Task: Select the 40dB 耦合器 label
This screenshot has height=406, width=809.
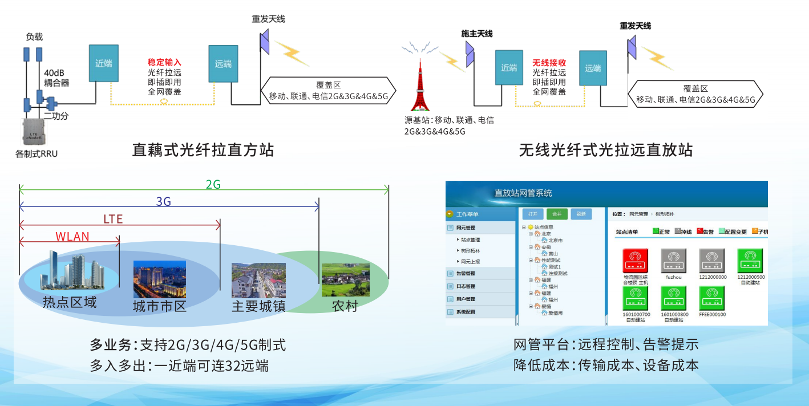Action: (x=56, y=78)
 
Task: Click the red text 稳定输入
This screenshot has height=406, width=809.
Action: (x=164, y=62)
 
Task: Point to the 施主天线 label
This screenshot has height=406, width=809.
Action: (x=476, y=34)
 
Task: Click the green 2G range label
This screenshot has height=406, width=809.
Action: (x=213, y=184)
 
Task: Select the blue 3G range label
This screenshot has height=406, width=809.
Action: (x=163, y=201)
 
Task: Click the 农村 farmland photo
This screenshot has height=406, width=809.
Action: (x=345, y=279)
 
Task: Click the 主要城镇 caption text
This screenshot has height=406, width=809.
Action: (x=258, y=306)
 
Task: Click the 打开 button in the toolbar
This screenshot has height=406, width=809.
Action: (x=532, y=214)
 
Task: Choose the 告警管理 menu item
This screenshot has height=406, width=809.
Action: (x=466, y=274)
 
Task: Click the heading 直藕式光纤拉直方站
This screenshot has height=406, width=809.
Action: (x=203, y=150)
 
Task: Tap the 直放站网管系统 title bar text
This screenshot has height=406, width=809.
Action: (x=523, y=193)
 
